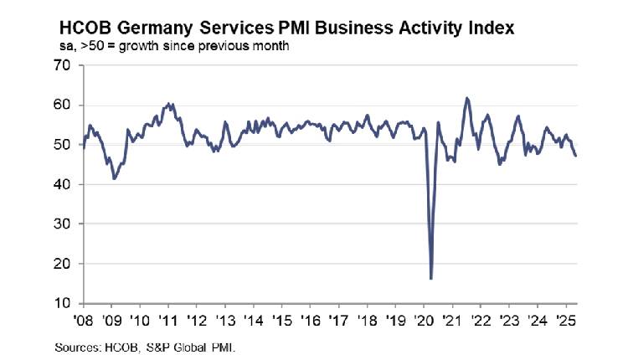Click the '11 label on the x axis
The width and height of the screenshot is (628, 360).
pyautogui.click(x=168, y=319)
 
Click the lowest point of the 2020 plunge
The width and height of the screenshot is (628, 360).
pyautogui.click(x=430, y=278)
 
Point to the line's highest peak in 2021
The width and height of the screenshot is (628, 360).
pyautogui.click(x=466, y=98)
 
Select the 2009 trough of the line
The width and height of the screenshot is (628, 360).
pyautogui.click(x=113, y=178)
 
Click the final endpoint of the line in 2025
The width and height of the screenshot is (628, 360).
pyautogui.click(x=575, y=156)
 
